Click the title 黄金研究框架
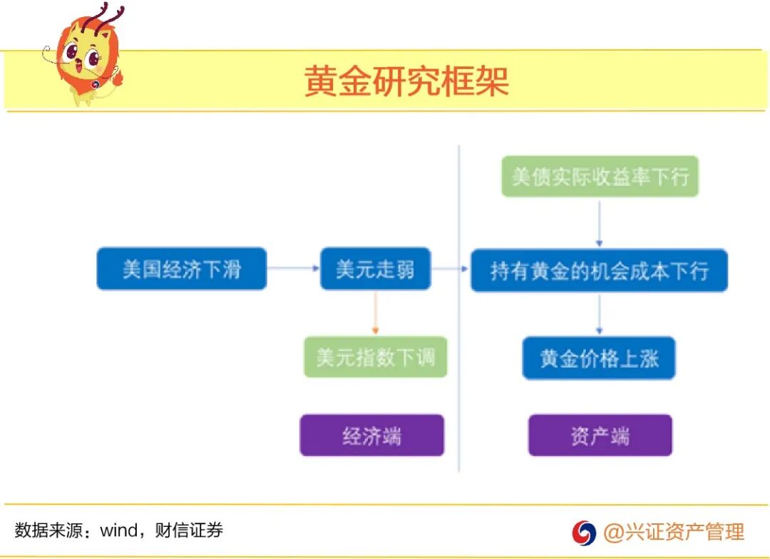point(406,81)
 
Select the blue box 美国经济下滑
point(181,269)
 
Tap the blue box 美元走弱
point(375,269)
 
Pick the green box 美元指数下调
point(375,357)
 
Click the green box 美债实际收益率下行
point(600,176)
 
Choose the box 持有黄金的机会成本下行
point(599,270)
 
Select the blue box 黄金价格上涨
point(599,358)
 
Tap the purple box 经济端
point(371,435)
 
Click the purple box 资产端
point(600,435)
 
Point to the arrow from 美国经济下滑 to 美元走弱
point(293,269)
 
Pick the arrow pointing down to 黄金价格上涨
point(600,314)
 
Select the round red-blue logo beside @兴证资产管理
point(583,532)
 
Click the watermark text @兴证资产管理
point(674,532)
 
